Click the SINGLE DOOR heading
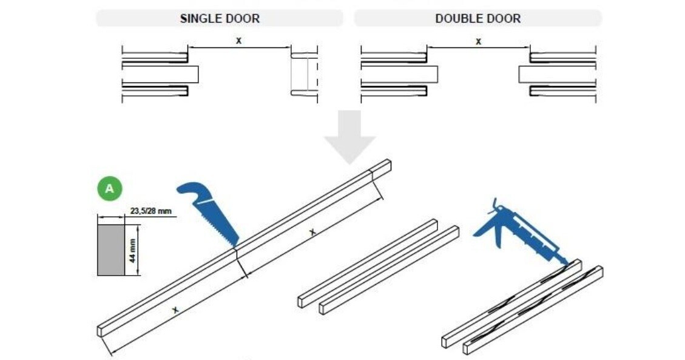(x=220, y=18)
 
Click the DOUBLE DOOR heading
(x=477, y=18)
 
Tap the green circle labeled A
(x=109, y=189)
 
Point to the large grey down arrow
(x=349, y=137)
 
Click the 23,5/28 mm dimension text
(x=151, y=211)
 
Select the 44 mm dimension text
(x=132, y=250)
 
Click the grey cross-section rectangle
(x=111, y=250)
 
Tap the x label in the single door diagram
(x=238, y=41)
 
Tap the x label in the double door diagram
(x=478, y=41)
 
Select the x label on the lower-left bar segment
(x=175, y=310)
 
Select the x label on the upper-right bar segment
(x=312, y=231)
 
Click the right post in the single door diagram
(x=304, y=74)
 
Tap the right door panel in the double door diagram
(x=557, y=74)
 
